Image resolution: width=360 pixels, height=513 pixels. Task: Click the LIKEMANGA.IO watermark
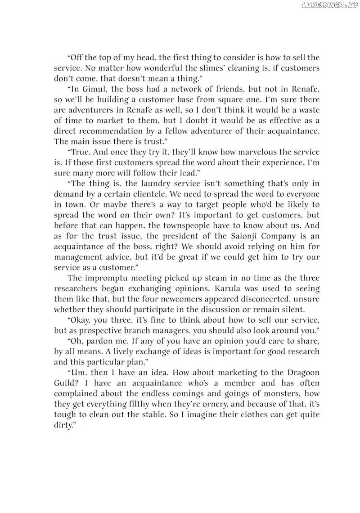coord(330,5)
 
